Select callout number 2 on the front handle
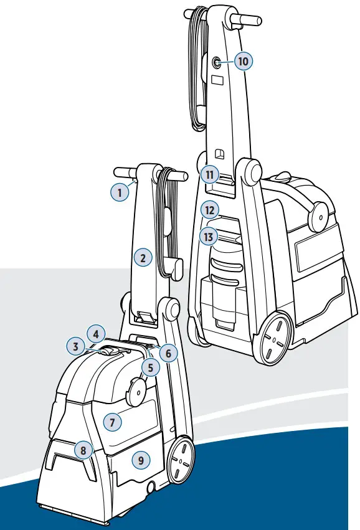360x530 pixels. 143,257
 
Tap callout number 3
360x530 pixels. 75,346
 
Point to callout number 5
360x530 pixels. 150,367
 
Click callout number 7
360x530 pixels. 112,422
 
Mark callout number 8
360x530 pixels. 83,448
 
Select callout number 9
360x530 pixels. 141,460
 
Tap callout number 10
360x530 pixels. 243,60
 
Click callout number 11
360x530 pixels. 211,175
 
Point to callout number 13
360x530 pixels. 208,237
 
